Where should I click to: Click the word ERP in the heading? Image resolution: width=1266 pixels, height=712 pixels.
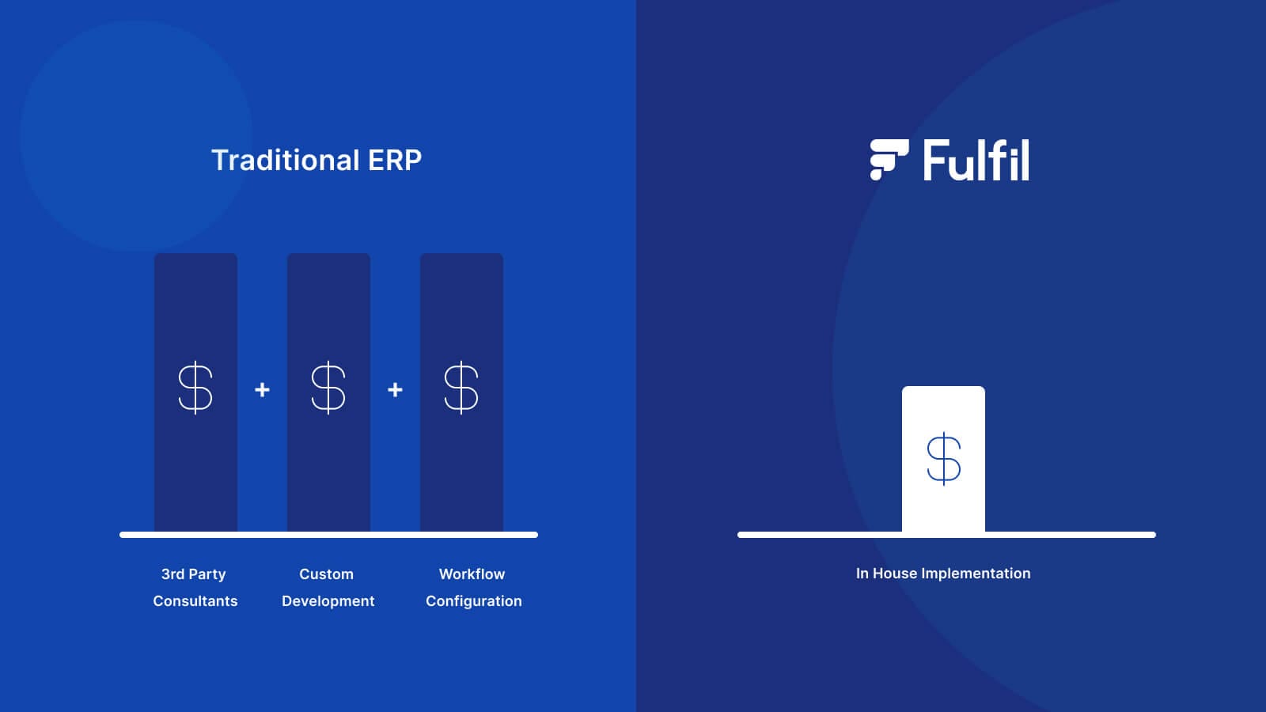395,160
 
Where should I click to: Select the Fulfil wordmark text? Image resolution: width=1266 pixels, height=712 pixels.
976,161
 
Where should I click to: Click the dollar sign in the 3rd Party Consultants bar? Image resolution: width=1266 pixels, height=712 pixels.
195,388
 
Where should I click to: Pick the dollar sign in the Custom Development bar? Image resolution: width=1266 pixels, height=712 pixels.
328,388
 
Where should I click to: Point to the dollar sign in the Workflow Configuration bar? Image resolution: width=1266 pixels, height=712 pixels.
461,388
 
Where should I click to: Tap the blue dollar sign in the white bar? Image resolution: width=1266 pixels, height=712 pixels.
943,459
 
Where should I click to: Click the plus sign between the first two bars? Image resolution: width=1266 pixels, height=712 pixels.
262,390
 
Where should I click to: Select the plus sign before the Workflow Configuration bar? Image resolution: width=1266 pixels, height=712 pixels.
395,390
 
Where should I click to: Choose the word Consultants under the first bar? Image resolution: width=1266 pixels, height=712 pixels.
195,601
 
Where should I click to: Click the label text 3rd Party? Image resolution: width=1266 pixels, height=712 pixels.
194,574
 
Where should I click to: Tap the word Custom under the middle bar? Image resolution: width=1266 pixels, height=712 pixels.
326,574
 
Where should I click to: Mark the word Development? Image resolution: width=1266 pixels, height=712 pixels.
328,601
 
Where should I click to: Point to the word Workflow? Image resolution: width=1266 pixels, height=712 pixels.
472,574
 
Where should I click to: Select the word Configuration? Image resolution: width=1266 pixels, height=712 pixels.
474,601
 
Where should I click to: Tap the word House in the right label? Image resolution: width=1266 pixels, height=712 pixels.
894,574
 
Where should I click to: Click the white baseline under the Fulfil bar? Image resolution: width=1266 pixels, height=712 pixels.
1068,535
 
